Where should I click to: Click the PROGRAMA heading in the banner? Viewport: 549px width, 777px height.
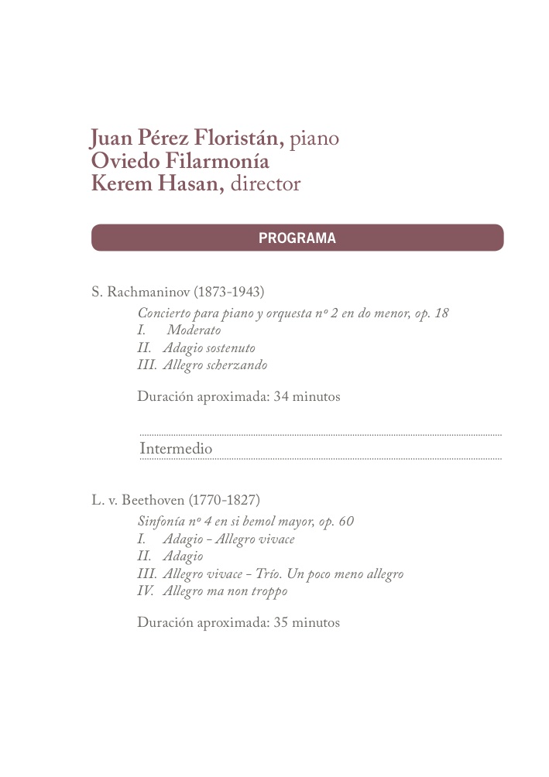coord(297,238)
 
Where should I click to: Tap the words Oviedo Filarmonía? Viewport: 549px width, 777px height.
coord(180,162)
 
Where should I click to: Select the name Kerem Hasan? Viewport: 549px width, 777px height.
coord(158,184)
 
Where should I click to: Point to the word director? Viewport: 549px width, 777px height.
coord(266,184)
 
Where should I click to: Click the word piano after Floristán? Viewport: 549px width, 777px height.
coord(314,139)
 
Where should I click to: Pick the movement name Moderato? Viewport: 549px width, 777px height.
coord(194,330)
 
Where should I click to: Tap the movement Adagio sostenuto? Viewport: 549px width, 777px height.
coord(208,348)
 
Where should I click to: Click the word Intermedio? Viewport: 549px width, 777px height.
coord(176,449)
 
